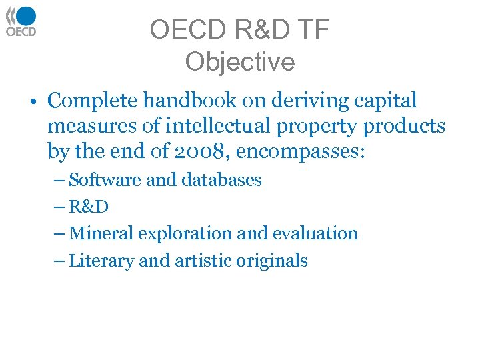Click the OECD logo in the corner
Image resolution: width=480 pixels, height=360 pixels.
pyautogui.click(x=21, y=21)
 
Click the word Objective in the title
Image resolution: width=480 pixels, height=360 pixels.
pyautogui.click(x=239, y=62)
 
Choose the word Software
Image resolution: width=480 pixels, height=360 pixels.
pyautogui.click(x=99, y=180)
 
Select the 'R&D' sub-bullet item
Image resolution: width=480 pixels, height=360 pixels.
pyautogui.click(x=89, y=207)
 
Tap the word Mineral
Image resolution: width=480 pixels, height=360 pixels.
pyautogui.click(x=96, y=233)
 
